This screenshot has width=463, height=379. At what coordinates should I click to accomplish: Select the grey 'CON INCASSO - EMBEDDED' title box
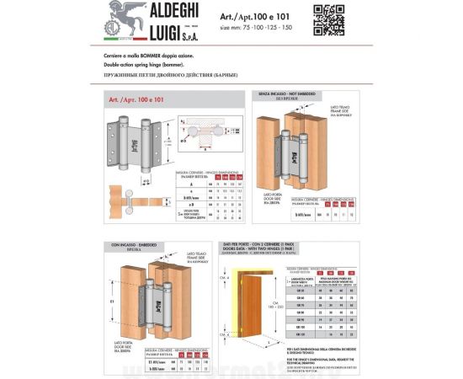129,245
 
